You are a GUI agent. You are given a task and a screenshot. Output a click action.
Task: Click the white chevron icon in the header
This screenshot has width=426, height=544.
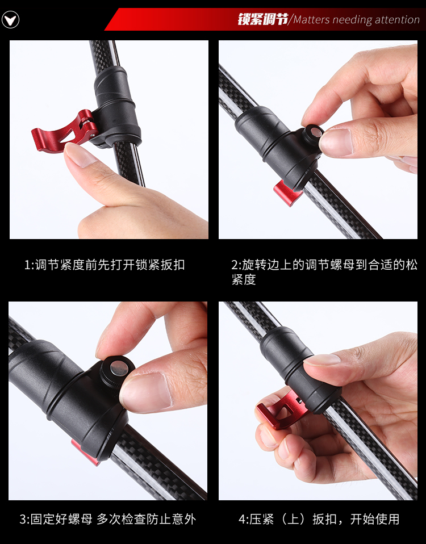[10, 20]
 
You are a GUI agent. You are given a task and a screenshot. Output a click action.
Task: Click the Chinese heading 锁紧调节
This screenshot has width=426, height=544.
[263, 19]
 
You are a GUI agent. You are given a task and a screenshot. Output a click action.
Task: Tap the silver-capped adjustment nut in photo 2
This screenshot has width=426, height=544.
[314, 134]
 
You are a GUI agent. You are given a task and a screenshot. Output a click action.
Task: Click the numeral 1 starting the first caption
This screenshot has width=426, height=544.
[27, 265]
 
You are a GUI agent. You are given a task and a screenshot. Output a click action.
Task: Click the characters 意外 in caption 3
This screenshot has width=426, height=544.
[184, 520]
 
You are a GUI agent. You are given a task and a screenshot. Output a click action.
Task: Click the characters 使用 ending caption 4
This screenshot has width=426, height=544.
[387, 520]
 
